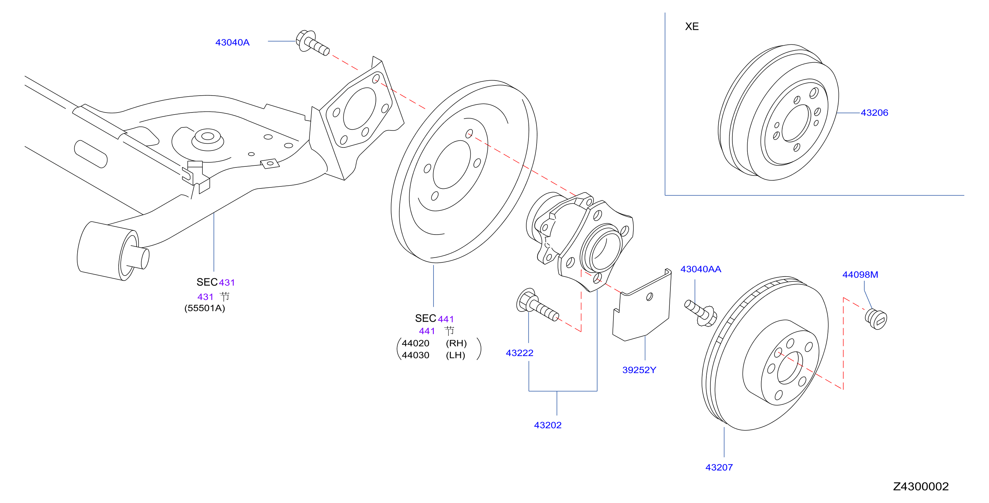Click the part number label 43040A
pos(232,42)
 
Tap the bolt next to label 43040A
pos(312,42)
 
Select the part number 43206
pos(874,113)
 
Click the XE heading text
pos(692,26)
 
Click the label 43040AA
pos(701,269)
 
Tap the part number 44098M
pos(860,275)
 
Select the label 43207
pos(719,467)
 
